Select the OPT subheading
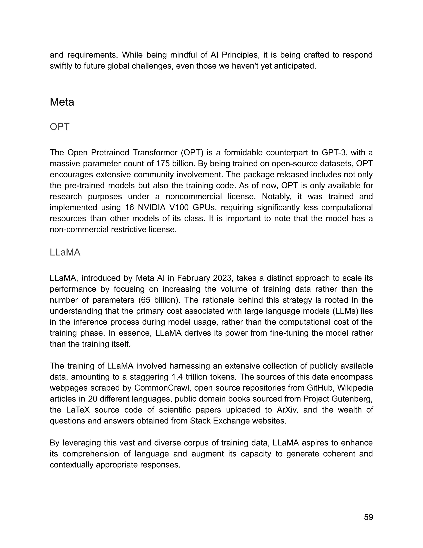tap(59, 127)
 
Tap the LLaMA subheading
tap(65, 252)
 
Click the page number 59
tap(368, 517)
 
